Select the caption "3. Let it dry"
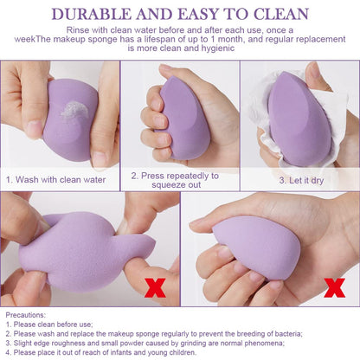click(299, 180)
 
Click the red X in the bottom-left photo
click(155, 286)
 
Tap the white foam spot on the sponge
click(75, 110)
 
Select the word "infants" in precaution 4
click(117, 352)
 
